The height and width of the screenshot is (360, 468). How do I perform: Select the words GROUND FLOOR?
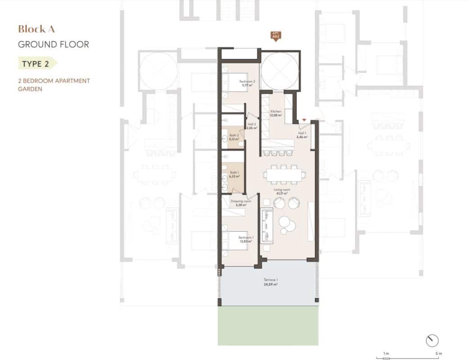coord(53,45)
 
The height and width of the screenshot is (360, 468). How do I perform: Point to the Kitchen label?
coord(276,111)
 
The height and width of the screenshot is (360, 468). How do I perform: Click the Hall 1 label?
coord(303,133)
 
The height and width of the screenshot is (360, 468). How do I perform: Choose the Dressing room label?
coord(241,201)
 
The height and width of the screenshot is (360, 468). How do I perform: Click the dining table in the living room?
coord(286,175)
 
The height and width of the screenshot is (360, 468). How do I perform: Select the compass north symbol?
coord(432,340)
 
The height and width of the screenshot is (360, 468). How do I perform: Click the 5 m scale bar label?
coord(437,353)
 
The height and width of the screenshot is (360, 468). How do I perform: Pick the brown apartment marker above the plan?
coord(275,36)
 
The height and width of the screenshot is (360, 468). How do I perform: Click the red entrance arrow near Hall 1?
coord(305,120)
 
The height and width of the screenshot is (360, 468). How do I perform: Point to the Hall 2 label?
coord(252,126)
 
